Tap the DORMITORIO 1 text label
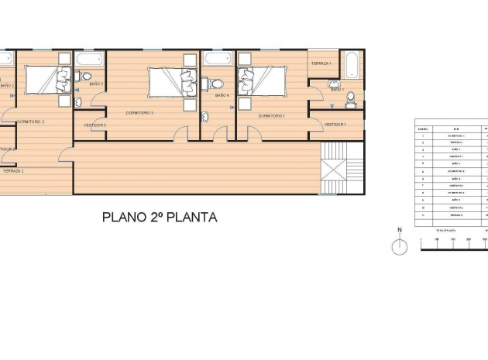[x=272, y=115]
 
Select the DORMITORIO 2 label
[x=31, y=122]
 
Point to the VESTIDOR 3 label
[x=95, y=124]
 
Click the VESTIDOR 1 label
[x=335, y=124]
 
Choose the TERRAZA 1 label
[x=321, y=63]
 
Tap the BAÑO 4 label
[x=222, y=95]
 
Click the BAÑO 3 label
[x=96, y=83]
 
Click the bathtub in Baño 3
[x=90, y=59]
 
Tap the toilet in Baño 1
[x=350, y=98]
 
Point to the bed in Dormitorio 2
[x=46, y=79]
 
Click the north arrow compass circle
[x=400, y=247]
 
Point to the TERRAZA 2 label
[x=12, y=170]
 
